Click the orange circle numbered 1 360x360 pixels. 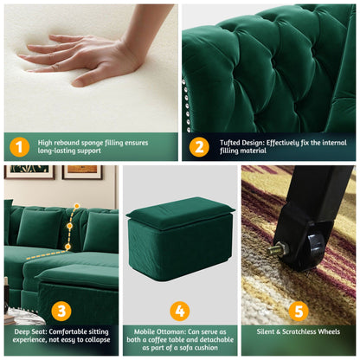pyautogui.click(x=20, y=146)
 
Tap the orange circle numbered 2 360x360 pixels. pyautogui.click(x=199, y=146)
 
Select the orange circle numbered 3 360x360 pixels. pyautogui.click(x=61, y=311)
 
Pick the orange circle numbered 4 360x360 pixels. pyautogui.click(x=179, y=311)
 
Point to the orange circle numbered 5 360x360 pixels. pyautogui.click(x=298, y=311)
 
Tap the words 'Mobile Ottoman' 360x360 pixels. pyautogui.click(x=156, y=330)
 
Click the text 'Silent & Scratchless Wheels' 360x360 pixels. pyautogui.click(x=298, y=330)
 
